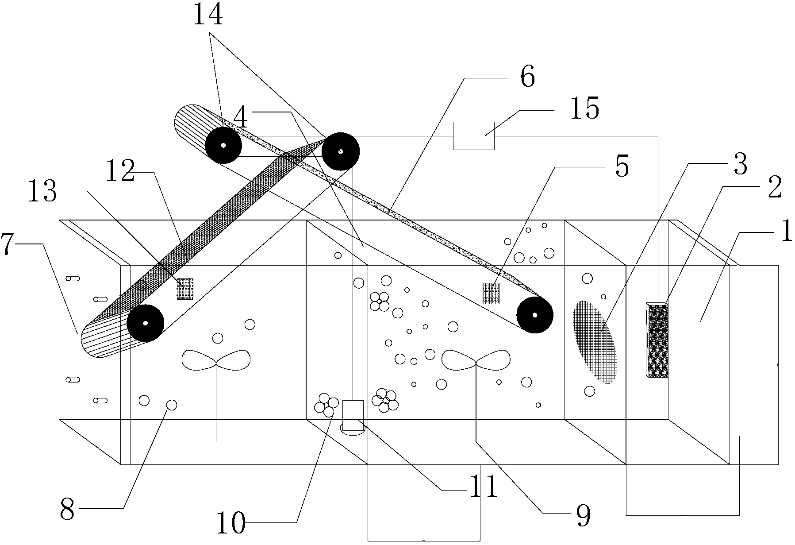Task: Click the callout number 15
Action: pyautogui.click(x=584, y=108)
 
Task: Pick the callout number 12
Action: pyautogui.click(x=120, y=172)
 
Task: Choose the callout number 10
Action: pyautogui.click(x=230, y=524)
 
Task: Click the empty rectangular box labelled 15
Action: pyautogui.click(x=473, y=135)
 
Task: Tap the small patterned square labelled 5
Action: pyautogui.click(x=491, y=293)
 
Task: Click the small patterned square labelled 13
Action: pyautogui.click(x=185, y=289)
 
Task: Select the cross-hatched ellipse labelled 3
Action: pyautogui.click(x=595, y=341)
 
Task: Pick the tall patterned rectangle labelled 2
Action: pyautogui.click(x=657, y=340)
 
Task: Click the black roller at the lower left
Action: pyautogui.click(x=145, y=323)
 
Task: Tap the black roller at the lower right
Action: pyautogui.click(x=535, y=315)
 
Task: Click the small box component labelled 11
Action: pyautogui.click(x=353, y=415)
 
